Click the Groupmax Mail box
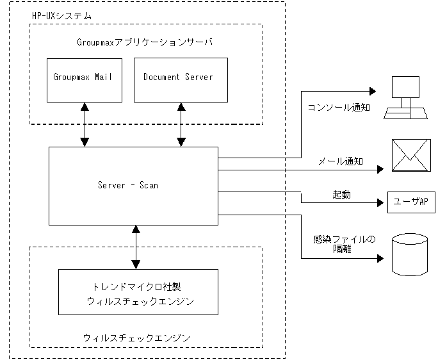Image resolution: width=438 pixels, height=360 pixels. click(84, 79)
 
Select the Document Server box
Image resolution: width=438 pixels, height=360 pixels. click(180, 79)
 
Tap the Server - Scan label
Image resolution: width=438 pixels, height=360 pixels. click(128, 186)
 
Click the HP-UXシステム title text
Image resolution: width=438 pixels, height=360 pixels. click(61, 15)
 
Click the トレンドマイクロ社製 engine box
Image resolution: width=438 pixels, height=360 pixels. click(138, 291)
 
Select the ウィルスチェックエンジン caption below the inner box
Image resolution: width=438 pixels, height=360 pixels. click(137, 337)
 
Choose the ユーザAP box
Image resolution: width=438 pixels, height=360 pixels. click(410, 202)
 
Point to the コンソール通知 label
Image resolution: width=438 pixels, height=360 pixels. click(339, 108)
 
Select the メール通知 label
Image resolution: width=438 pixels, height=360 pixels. click(341, 161)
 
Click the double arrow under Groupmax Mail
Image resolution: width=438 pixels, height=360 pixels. click(85, 124)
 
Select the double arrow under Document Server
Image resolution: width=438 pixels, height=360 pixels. click(181, 124)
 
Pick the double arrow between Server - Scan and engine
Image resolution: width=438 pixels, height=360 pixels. click(135, 247)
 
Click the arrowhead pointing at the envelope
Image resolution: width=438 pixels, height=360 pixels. click(380, 170)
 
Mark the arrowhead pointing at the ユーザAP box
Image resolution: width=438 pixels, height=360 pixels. click(380, 202)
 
